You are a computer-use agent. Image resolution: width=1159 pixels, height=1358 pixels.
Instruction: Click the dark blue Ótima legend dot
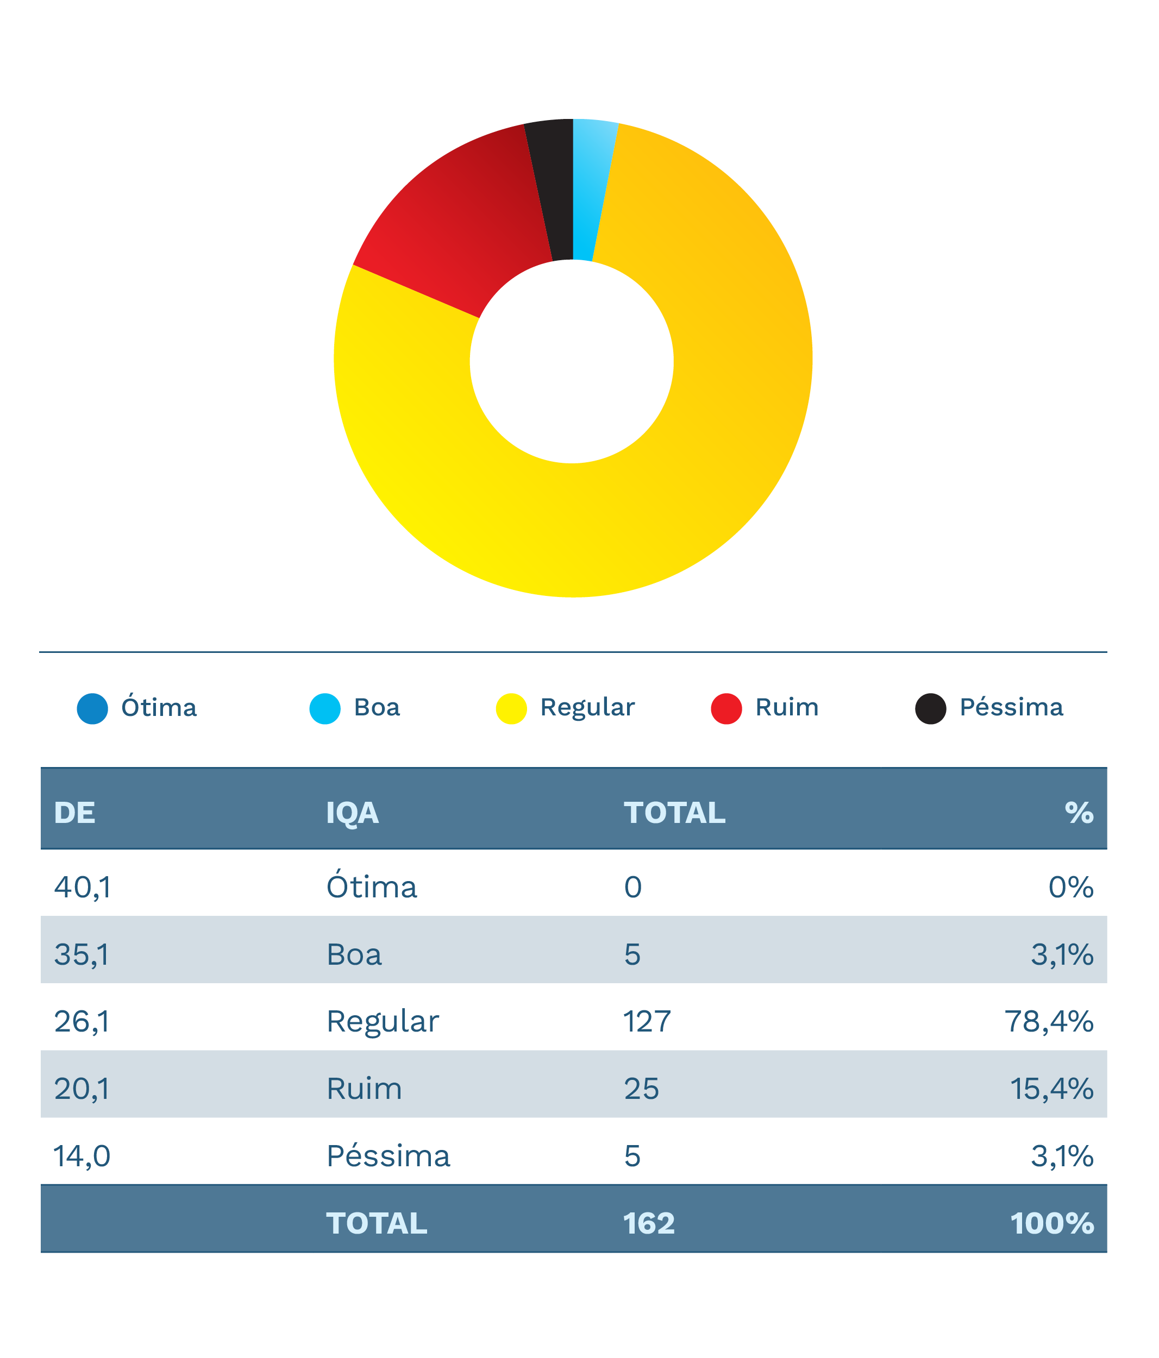click(x=92, y=708)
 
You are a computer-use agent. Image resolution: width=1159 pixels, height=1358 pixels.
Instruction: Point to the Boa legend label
click(x=377, y=708)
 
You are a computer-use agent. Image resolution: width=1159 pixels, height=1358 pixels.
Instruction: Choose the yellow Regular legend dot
click(x=511, y=708)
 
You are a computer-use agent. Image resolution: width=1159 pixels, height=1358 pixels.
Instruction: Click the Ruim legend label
click(x=787, y=708)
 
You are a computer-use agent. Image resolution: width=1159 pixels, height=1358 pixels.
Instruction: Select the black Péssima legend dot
click(x=930, y=708)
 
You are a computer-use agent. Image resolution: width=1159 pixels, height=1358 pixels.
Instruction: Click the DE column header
click(x=75, y=813)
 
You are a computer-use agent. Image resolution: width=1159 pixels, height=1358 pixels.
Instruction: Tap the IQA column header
click(x=352, y=813)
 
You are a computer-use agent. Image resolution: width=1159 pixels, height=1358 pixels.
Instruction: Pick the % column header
click(x=1079, y=813)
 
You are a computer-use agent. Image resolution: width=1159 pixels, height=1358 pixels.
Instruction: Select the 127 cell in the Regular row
click(x=647, y=1022)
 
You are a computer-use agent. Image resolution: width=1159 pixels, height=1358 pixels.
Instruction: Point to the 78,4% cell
click(x=1048, y=1022)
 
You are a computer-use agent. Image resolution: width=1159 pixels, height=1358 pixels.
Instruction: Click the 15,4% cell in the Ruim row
click(x=1051, y=1089)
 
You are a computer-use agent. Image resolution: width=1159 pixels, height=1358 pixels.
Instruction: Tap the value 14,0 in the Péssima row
click(x=82, y=1156)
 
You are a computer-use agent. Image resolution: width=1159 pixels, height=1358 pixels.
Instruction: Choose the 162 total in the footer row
click(x=648, y=1224)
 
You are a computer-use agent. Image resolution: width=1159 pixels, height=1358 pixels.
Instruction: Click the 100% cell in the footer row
click(x=1051, y=1224)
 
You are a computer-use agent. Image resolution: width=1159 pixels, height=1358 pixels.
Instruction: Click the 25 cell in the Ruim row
click(x=641, y=1089)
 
